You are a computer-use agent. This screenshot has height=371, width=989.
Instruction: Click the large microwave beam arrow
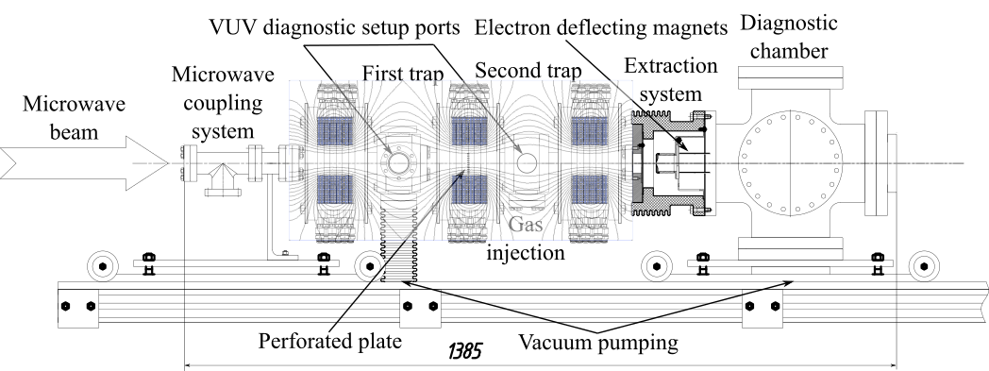pos(85,162)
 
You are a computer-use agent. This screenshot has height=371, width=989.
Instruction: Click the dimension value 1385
pos(465,350)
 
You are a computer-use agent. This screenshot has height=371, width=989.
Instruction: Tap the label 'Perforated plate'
pos(330,342)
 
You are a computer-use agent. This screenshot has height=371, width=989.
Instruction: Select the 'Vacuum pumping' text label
pos(598,343)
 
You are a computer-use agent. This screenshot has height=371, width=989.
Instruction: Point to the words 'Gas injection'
pos(526,238)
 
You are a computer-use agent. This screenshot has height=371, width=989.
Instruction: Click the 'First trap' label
pos(402,74)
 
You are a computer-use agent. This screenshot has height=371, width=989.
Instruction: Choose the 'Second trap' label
pos(528,70)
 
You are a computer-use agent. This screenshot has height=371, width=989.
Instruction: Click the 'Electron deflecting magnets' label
pos(601,27)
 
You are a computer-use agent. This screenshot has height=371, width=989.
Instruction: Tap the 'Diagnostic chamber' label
pos(789,37)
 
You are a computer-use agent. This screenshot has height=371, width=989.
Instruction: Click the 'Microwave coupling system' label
pos(224,102)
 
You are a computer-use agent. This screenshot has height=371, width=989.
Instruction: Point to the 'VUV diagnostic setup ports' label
pos(336,27)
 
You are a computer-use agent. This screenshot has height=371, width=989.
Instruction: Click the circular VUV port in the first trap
pos(398,162)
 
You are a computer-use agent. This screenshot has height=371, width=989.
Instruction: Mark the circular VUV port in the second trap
pos(527,162)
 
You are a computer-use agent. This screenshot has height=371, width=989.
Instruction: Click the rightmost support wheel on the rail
pos(924,267)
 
